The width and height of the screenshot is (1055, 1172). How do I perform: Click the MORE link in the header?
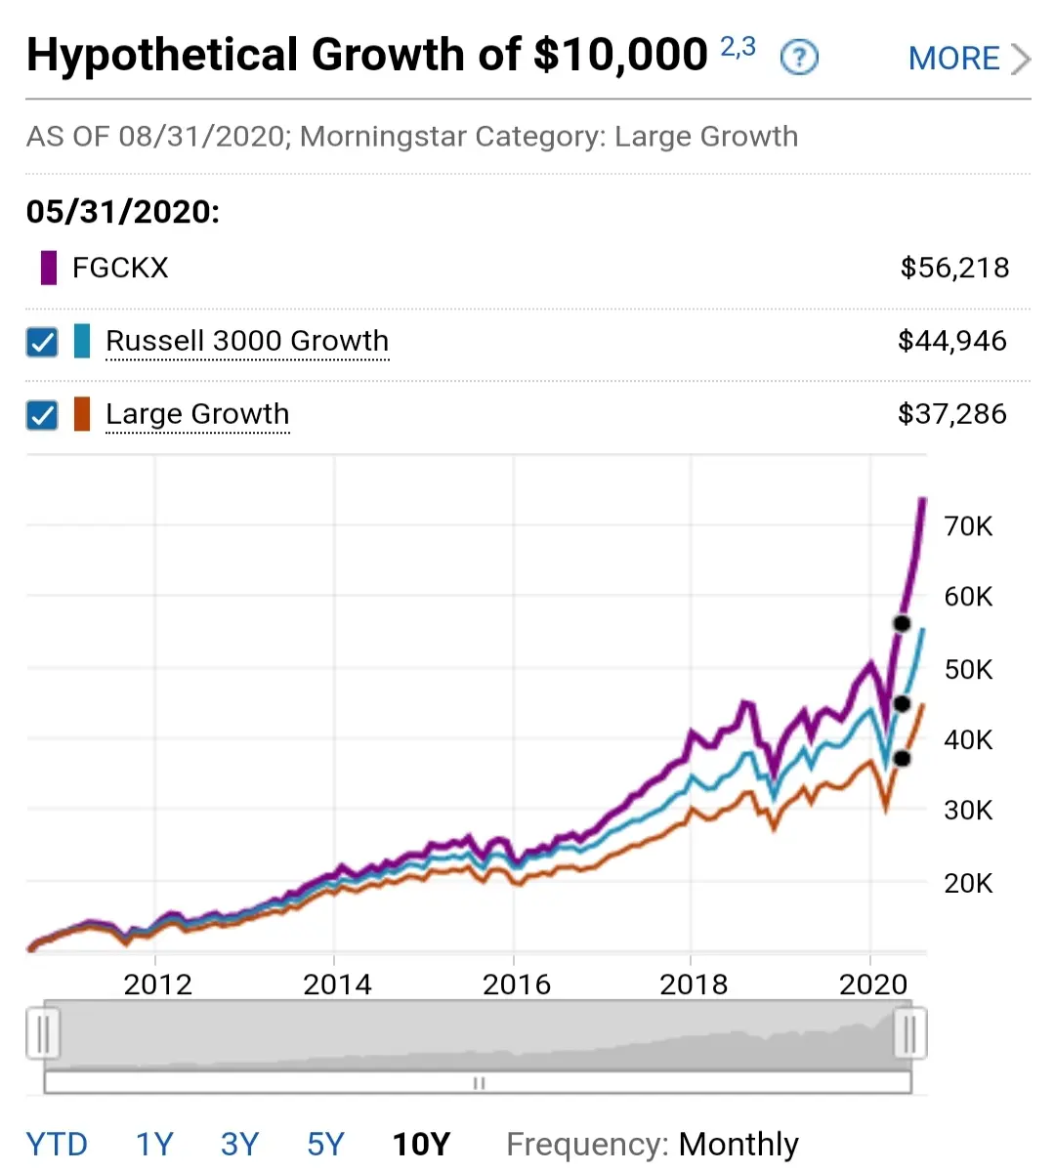(x=969, y=59)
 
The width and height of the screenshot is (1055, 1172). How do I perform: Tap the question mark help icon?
(x=799, y=58)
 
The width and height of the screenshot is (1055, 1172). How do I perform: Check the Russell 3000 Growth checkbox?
(x=42, y=342)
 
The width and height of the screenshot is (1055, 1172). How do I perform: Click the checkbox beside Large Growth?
(x=42, y=415)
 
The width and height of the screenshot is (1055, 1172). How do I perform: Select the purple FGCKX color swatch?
(x=49, y=268)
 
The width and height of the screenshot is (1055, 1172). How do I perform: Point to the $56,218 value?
(x=954, y=269)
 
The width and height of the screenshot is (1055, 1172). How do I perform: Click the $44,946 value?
(x=952, y=341)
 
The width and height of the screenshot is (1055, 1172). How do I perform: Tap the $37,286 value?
(x=952, y=414)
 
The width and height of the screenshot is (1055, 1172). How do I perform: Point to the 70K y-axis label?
(x=968, y=526)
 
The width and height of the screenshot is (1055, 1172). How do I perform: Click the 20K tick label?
(x=968, y=883)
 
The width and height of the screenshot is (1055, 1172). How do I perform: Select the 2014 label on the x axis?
(x=337, y=984)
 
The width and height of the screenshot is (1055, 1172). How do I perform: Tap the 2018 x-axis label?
(x=694, y=984)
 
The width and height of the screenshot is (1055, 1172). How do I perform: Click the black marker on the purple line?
(x=902, y=623)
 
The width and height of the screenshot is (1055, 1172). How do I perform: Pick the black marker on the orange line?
(x=902, y=759)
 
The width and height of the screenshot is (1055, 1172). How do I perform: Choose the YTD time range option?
(x=57, y=1144)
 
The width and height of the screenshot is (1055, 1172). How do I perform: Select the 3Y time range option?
(x=239, y=1144)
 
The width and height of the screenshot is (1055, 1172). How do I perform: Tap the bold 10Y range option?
(x=421, y=1144)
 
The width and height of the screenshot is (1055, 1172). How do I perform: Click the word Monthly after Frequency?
(x=738, y=1144)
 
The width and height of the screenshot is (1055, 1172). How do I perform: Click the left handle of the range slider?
(x=43, y=1033)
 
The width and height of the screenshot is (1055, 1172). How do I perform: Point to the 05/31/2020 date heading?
(x=123, y=212)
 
